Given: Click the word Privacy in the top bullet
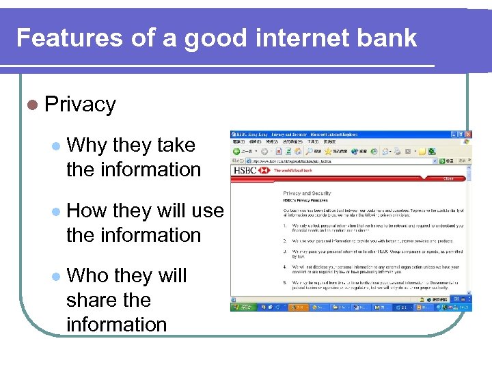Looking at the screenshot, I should pos(80,105).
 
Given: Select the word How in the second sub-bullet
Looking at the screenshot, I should pos(87,210).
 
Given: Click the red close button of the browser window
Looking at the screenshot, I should pos(468,134).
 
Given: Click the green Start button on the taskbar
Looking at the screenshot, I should pos(241,307).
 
